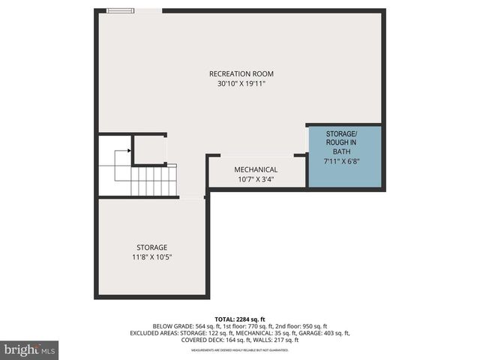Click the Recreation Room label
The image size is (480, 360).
click(241, 73)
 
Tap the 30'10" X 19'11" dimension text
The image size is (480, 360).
click(241, 84)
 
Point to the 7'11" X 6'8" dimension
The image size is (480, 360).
click(345, 160)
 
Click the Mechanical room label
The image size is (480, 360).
click(256, 169)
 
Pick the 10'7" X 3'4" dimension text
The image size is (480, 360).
click(256, 180)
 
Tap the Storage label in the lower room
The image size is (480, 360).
click(151, 247)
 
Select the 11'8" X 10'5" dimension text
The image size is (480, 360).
click(151, 258)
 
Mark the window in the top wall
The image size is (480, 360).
click(120, 10)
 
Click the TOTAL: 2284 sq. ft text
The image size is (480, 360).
click(241, 319)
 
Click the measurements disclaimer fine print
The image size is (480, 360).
click(241, 350)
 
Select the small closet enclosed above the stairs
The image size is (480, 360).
click(149, 149)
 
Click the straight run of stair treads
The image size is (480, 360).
click(154, 181)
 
